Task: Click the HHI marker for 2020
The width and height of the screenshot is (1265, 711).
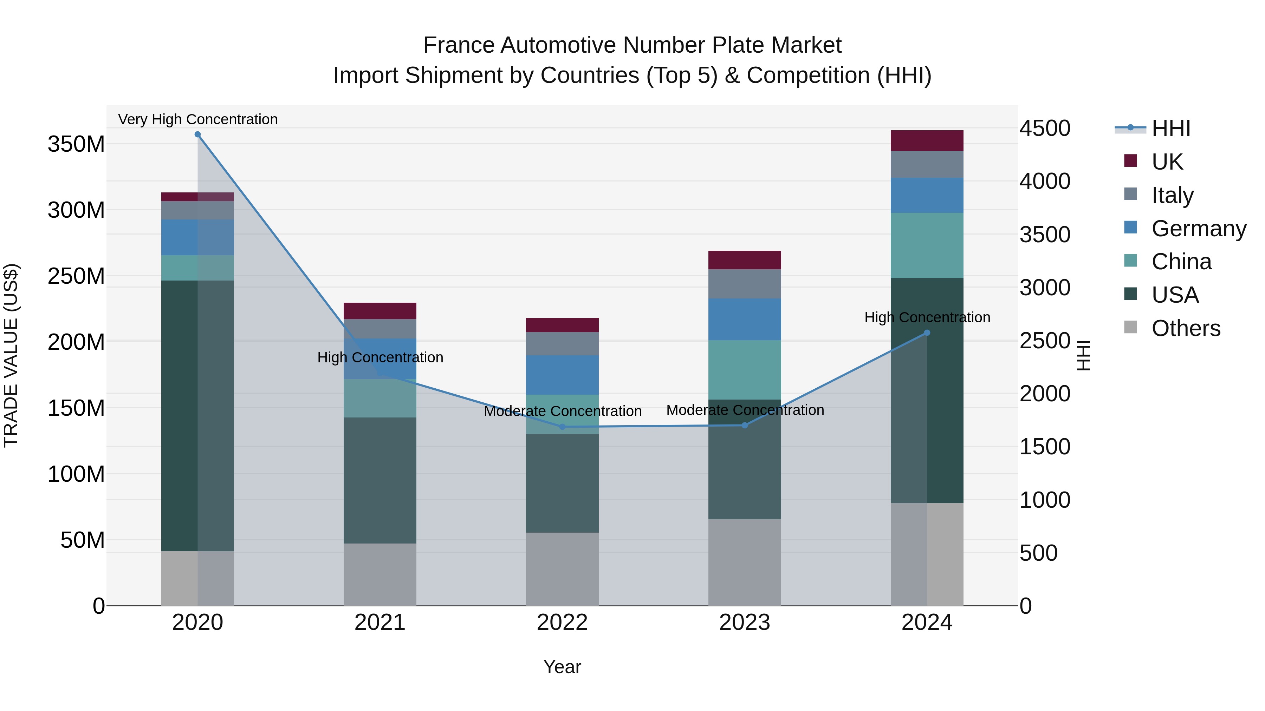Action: pos(197,134)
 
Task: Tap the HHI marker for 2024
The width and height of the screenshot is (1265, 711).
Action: pos(927,333)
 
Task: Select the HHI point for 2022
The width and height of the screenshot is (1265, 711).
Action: pos(562,427)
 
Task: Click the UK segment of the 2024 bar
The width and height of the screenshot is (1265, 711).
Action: pos(927,141)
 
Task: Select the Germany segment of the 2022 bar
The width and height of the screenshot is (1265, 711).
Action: pos(562,375)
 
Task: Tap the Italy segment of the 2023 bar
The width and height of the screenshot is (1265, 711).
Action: pos(745,284)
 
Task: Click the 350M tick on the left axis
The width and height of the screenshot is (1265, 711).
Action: pos(76,144)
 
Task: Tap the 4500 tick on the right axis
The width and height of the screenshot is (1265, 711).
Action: pos(1045,129)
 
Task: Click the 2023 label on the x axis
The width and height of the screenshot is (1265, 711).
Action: pos(745,623)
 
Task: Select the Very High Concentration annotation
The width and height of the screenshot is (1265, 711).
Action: pos(198,119)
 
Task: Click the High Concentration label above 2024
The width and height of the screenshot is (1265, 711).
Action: pos(927,317)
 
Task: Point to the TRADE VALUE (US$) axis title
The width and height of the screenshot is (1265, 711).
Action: pos(11,355)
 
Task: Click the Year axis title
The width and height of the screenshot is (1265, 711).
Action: pos(562,667)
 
